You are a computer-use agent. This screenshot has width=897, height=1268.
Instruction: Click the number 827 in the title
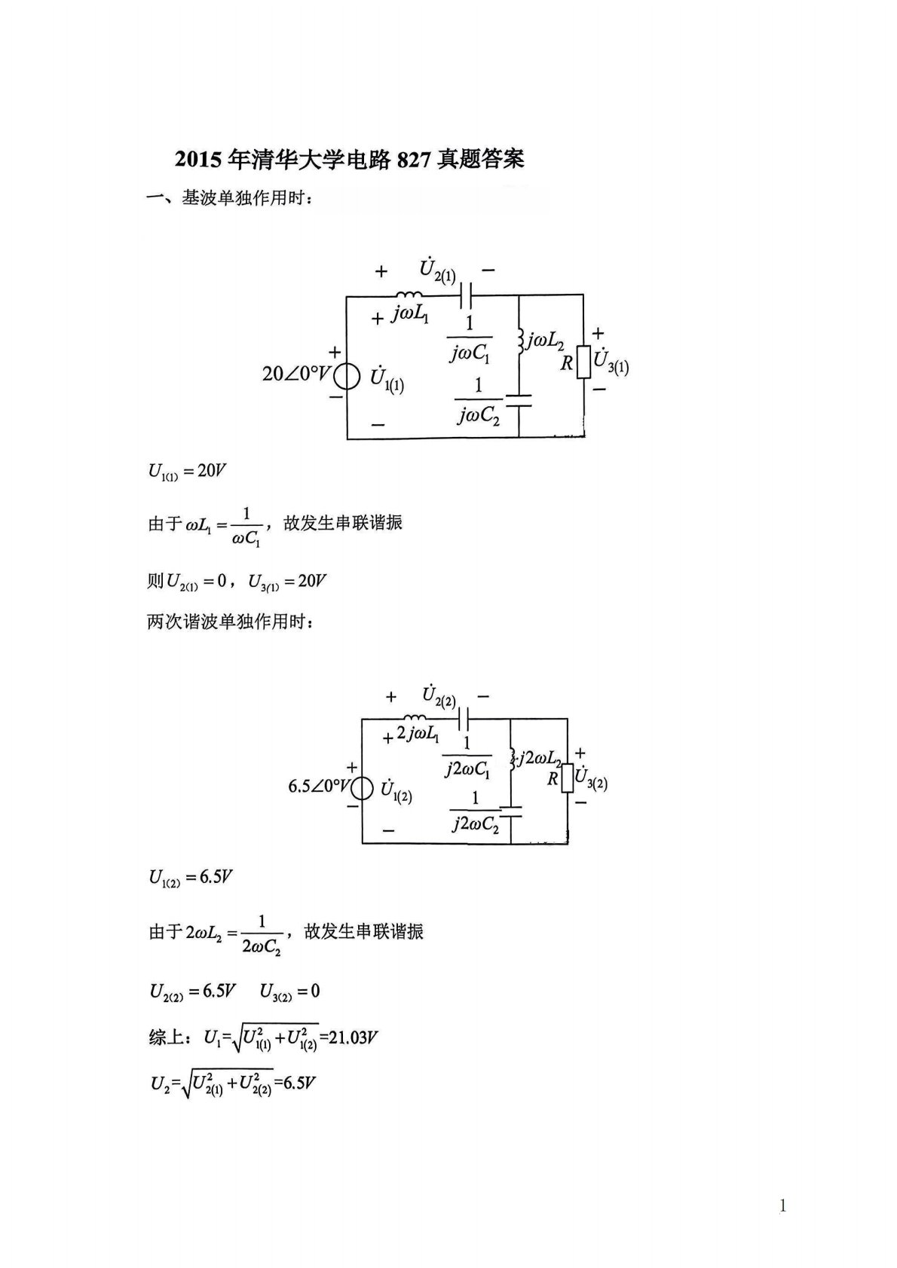pyautogui.click(x=413, y=159)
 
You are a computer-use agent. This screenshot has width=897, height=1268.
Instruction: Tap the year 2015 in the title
pyautogui.click(x=199, y=159)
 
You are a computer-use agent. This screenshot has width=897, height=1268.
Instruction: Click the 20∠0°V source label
pyautogui.click(x=296, y=373)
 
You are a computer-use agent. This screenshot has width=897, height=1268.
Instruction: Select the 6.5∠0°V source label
pyautogui.click(x=319, y=787)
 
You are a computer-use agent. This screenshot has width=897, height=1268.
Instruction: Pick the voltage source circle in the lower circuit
pyautogui.click(x=363, y=788)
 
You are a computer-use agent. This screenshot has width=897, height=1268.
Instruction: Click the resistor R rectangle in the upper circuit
pyautogui.click(x=583, y=362)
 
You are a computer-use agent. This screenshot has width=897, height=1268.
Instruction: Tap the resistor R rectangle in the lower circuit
pyautogui.click(x=567, y=778)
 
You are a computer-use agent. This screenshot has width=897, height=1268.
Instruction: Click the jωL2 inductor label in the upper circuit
pyautogui.click(x=546, y=341)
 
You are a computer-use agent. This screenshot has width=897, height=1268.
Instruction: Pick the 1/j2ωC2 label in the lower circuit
pyautogui.click(x=475, y=812)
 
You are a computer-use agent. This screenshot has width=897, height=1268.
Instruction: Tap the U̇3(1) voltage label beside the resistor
pyautogui.click(x=611, y=362)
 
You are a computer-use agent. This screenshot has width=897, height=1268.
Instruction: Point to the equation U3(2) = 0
pyautogui.click(x=289, y=991)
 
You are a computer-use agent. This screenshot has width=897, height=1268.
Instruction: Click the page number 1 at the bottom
pyautogui.click(x=782, y=1205)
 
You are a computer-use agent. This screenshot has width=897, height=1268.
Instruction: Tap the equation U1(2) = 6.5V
pyautogui.click(x=190, y=878)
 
